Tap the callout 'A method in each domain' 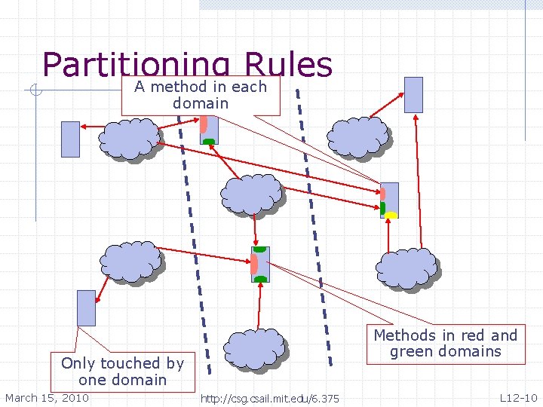(201, 95)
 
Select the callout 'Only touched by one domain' (122, 371)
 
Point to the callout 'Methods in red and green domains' (446, 343)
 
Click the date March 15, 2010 (47, 398)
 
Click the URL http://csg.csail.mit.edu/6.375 (270, 399)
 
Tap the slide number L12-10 (518, 398)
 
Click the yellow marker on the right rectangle (391, 216)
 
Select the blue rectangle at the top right (414, 94)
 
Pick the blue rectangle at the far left (70, 139)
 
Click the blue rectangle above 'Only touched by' (87, 308)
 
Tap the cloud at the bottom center (256, 349)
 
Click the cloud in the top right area (357, 137)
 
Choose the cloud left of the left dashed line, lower (132, 261)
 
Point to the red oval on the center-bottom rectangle (254, 265)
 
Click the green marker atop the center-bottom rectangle (260, 249)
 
